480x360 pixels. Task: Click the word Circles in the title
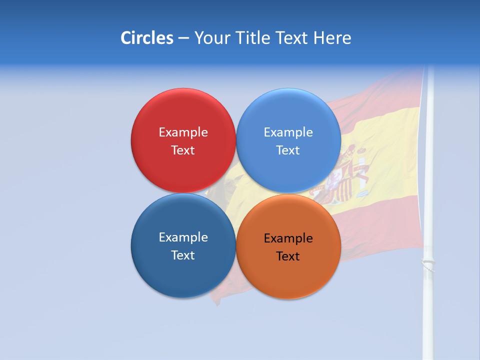[146, 38]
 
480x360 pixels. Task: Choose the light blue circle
[288, 170]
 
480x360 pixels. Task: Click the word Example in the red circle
[183, 132]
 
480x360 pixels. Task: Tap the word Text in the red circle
[183, 150]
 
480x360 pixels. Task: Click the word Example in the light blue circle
[288, 132]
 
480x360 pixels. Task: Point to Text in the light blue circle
[288, 150]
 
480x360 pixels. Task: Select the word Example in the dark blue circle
[183, 237]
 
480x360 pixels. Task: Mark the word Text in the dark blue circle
[183, 255]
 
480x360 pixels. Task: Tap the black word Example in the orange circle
[288, 238]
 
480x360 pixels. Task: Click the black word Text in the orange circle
[288, 256]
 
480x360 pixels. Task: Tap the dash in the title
[183, 38]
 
